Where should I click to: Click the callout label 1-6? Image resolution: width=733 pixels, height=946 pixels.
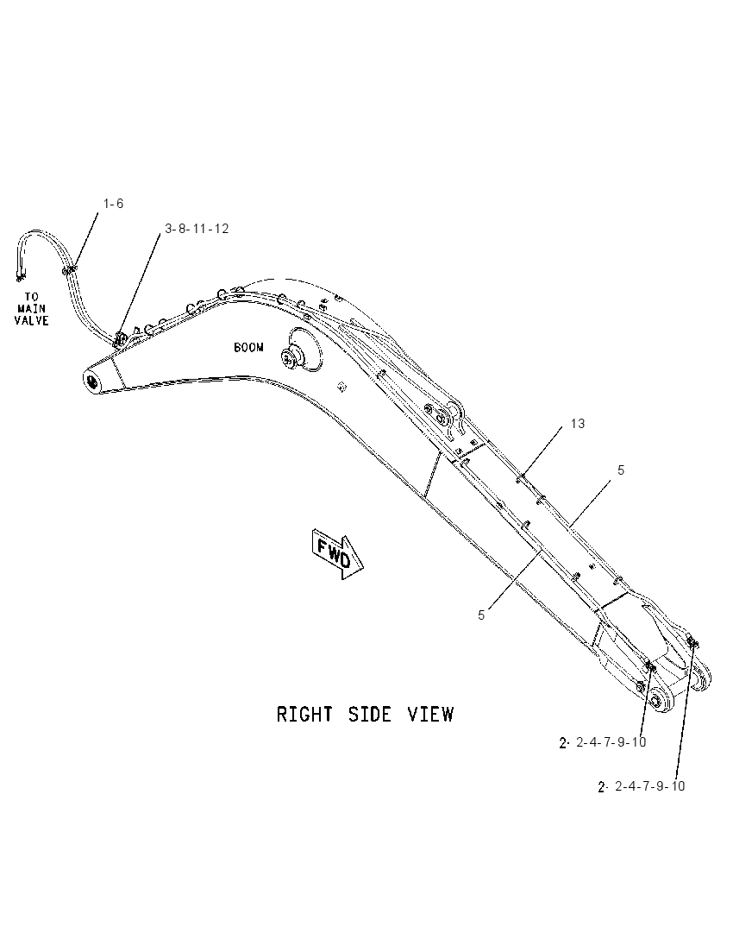pyautogui.click(x=113, y=204)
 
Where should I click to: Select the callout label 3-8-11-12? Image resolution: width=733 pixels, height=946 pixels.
pyautogui.click(x=197, y=229)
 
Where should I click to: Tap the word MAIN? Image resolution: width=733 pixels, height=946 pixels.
pyautogui.click(x=31, y=308)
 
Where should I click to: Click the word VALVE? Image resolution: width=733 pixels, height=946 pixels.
pyautogui.click(x=31, y=319)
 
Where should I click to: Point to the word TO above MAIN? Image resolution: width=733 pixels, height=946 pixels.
pyautogui.click(x=31, y=297)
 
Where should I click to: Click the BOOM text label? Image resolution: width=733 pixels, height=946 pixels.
pyautogui.click(x=248, y=348)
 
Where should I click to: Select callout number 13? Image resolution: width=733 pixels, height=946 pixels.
pyautogui.click(x=578, y=424)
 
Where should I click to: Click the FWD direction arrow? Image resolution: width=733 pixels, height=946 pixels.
pyautogui.click(x=337, y=553)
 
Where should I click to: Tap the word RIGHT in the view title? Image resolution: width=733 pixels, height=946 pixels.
pyautogui.click(x=304, y=714)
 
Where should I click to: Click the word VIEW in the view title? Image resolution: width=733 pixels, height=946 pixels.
pyautogui.click(x=430, y=714)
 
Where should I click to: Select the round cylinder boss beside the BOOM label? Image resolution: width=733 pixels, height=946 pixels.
pyautogui.click(x=291, y=357)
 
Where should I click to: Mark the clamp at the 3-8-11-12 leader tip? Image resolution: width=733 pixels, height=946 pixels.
pyautogui.click(x=120, y=339)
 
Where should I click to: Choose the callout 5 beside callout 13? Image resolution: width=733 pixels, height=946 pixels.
pyautogui.click(x=621, y=470)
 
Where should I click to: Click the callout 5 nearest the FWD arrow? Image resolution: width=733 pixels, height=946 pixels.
pyautogui.click(x=481, y=615)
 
